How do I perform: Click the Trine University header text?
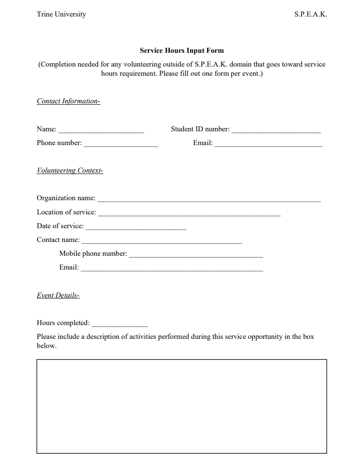(x=61, y=14)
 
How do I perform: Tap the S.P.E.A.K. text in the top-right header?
(x=310, y=14)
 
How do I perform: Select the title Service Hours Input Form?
(x=182, y=51)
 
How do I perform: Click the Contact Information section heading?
(x=68, y=101)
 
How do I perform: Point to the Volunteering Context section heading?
(x=70, y=170)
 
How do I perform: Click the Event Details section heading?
(x=58, y=295)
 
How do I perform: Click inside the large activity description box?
(x=182, y=406)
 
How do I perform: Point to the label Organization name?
(x=66, y=198)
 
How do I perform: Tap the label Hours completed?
(x=63, y=323)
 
